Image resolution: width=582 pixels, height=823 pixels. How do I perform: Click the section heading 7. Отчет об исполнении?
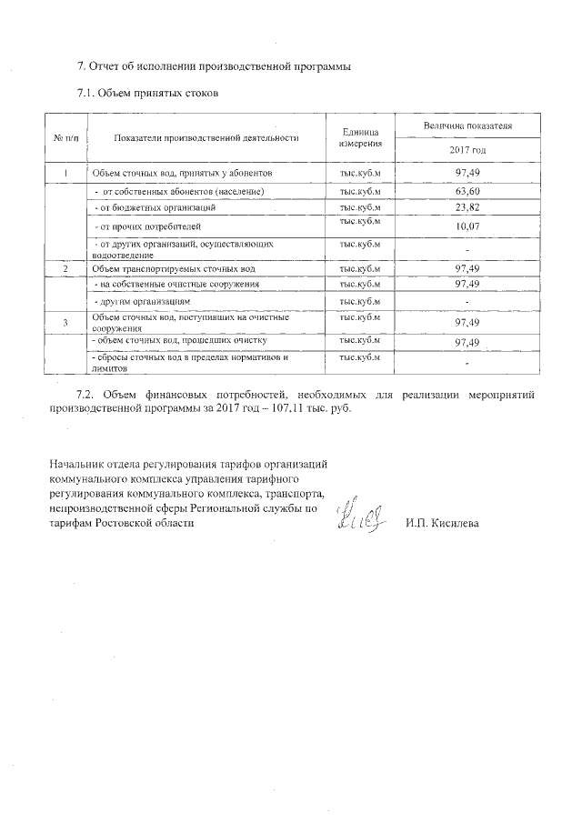pos(213,66)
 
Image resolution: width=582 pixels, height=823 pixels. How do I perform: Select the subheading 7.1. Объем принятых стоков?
pos(148,94)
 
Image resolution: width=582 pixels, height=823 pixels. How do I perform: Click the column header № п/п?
pos(66,137)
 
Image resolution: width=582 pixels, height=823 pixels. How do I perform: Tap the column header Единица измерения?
pos(360,137)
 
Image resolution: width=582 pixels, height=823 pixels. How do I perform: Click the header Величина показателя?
pos(467,125)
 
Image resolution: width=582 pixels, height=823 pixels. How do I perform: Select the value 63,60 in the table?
pos(467,192)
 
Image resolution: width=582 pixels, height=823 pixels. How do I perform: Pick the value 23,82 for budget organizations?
pos(467,208)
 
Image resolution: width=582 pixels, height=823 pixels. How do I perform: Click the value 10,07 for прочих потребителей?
pos(467,226)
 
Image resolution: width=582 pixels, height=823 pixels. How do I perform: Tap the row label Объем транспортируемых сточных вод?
pos(175,269)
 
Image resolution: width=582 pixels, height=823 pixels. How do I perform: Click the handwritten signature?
pos(362,517)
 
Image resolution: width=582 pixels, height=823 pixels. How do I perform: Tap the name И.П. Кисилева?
pos(441,524)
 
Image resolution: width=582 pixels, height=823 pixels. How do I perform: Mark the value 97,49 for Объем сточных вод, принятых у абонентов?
pos(467,172)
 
